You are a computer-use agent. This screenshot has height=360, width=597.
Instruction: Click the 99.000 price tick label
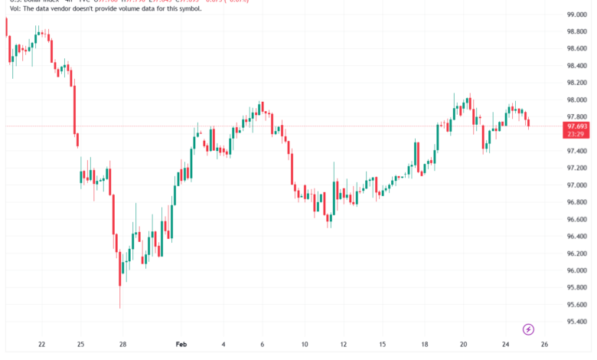[576, 15]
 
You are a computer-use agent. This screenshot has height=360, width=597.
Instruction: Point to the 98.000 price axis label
[576, 100]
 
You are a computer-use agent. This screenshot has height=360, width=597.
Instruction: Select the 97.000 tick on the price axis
[576, 185]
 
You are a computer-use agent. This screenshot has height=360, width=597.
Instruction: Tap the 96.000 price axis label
[576, 270]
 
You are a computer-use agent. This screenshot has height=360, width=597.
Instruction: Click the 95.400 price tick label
[576, 322]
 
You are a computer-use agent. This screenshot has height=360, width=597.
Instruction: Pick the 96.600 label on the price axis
[576, 219]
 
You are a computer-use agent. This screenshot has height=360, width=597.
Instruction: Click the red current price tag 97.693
[576, 126]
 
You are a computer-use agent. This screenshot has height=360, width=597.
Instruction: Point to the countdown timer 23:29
[576, 134]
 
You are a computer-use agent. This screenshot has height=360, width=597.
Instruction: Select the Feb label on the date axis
[181, 345]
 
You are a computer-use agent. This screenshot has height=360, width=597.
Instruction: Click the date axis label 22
[41, 345]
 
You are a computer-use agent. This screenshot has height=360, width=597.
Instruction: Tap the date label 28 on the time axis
[122, 345]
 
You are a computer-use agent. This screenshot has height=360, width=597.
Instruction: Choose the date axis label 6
[262, 345]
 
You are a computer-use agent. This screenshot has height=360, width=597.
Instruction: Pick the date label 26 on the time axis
[543, 345]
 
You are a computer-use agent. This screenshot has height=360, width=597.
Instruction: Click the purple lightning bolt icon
[528, 329]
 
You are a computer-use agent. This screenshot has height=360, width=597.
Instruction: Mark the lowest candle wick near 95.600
[120, 307]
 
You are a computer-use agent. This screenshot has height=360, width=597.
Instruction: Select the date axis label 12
[344, 345]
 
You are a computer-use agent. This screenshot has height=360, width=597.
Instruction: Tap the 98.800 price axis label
[576, 32]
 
